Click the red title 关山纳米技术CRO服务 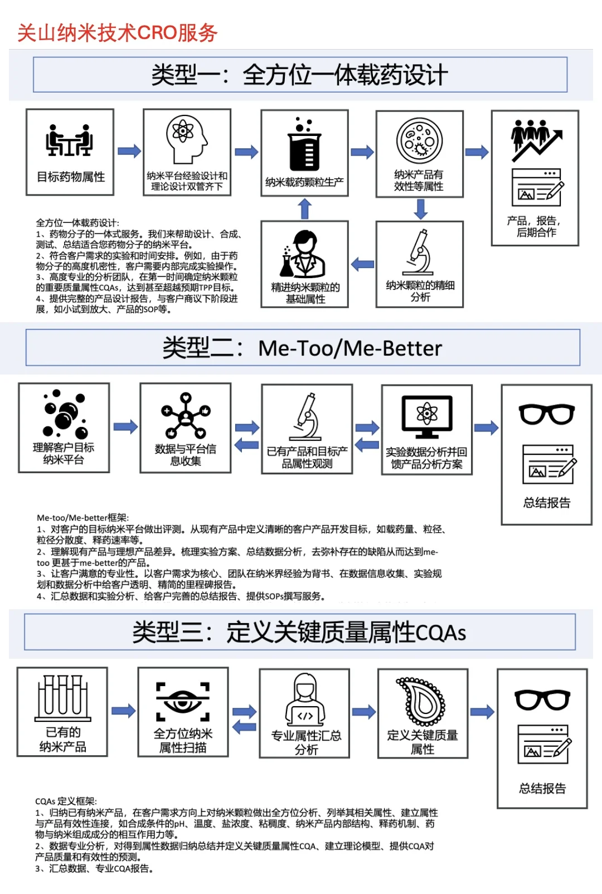(117, 33)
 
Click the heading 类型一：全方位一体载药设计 (300, 75)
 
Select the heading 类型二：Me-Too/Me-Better (302, 348)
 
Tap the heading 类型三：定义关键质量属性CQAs (299, 632)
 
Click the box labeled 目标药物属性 (70, 152)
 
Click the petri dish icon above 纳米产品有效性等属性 (419, 140)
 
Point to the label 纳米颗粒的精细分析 (420, 291)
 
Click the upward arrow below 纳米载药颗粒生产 (304, 209)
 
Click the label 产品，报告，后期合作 (535, 226)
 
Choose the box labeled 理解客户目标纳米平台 (64, 428)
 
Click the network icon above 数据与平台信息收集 (186, 415)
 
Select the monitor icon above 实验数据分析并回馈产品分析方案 (427, 416)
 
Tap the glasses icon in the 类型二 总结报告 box (546, 414)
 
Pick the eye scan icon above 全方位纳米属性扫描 (183, 701)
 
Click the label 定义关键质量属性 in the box (423, 742)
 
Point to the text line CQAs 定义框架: (66, 801)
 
